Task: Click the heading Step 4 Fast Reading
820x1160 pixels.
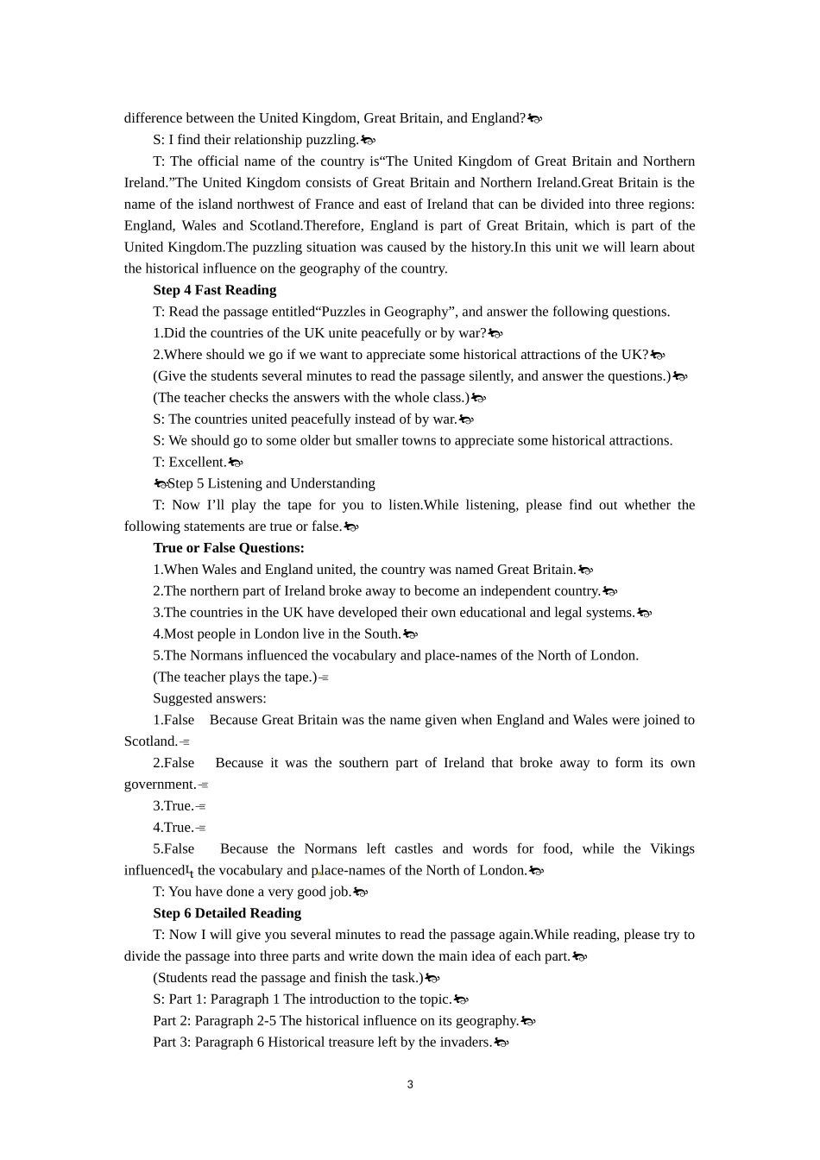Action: pyautogui.click(x=215, y=290)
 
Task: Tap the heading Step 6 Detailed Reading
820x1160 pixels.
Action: pyautogui.click(x=227, y=913)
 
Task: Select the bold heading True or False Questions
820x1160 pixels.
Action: pyautogui.click(x=229, y=548)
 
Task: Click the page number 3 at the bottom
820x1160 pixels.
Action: pyautogui.click(x=410, y=1085)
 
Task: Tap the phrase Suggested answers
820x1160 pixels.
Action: pyautogui.click(x=210, y=698)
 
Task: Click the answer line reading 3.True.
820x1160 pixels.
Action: pyautogui.click(x=173, y=806)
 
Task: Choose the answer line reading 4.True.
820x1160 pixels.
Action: pyautogui.click(x=173, y=828)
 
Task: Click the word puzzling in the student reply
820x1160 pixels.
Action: pyautogui.click(x=331, y=140)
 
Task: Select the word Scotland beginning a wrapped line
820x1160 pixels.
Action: pyautogui.click(x=150, y=741)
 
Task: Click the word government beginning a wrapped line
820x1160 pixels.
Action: pyautogui.click(x=160, y=785)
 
